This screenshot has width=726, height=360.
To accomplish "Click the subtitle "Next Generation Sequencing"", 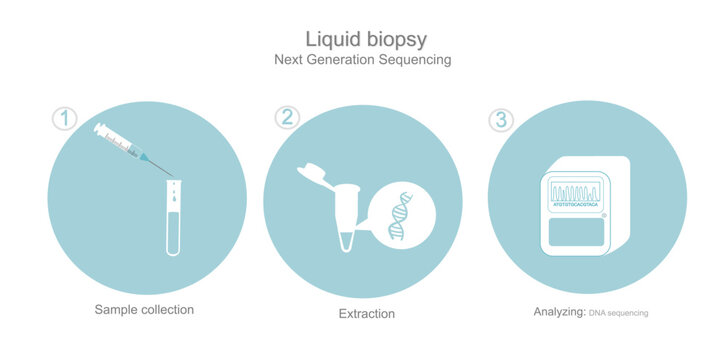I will tap(363, 60).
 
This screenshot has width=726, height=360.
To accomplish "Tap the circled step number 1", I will tap(65, 118).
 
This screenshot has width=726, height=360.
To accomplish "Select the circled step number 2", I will tap(288, 117).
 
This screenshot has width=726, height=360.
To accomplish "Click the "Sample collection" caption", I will tap(144, 310).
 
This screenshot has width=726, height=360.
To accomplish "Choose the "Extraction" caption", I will tap(367, 314).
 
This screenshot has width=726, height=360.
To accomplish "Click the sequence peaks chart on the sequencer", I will tap(576, 191).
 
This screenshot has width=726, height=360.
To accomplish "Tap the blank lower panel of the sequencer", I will tap(577, 233).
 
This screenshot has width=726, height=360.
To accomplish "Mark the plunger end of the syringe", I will tap(99, 127).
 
